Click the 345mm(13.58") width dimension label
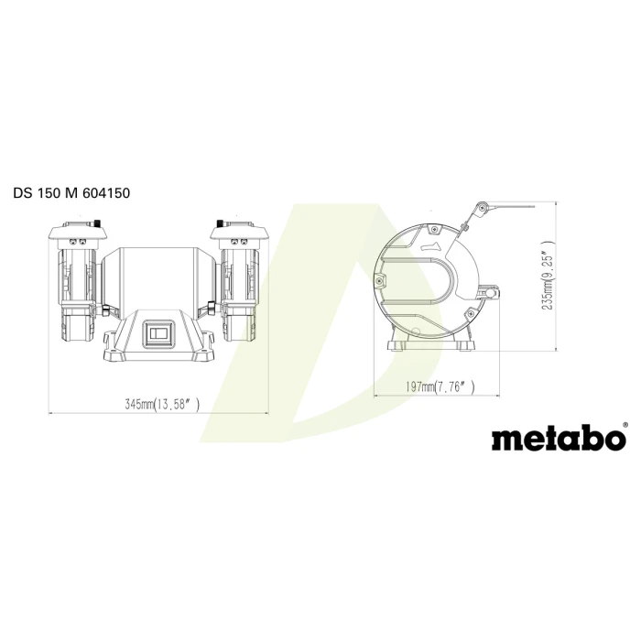[x=162, y=405]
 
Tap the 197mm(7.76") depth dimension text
[x=440, y=386]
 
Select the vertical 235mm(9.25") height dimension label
[x=549, y=275]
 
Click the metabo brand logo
[x=559, y=439]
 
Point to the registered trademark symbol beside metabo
[x=625, y=425]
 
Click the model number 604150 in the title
[x=106, y=193]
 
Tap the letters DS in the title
[x=23, y=193]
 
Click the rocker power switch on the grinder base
[x=158, y=333]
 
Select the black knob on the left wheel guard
[x=97, y=223]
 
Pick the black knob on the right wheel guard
[x=220, y=223]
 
